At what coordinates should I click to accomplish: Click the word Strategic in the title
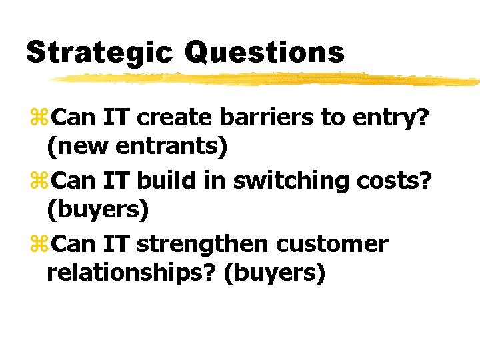99,53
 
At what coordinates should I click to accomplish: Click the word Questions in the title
265,53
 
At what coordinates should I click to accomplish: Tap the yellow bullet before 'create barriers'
39,117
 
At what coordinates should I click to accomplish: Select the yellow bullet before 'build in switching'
39,180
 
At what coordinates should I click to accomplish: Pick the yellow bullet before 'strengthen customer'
39,243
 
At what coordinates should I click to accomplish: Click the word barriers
267,117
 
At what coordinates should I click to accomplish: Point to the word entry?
389,119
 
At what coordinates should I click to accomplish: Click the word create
174,117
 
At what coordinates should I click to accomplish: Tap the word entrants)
171,146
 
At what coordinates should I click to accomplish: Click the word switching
291,181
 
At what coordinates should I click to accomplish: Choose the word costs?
394,181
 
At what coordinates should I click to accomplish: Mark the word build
166,180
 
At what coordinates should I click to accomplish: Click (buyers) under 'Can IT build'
98,210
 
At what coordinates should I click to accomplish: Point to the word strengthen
203,245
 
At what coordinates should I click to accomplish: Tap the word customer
332,244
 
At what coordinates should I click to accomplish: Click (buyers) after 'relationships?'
275,274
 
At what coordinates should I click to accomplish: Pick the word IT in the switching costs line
116,180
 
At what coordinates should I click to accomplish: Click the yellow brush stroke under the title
263,79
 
